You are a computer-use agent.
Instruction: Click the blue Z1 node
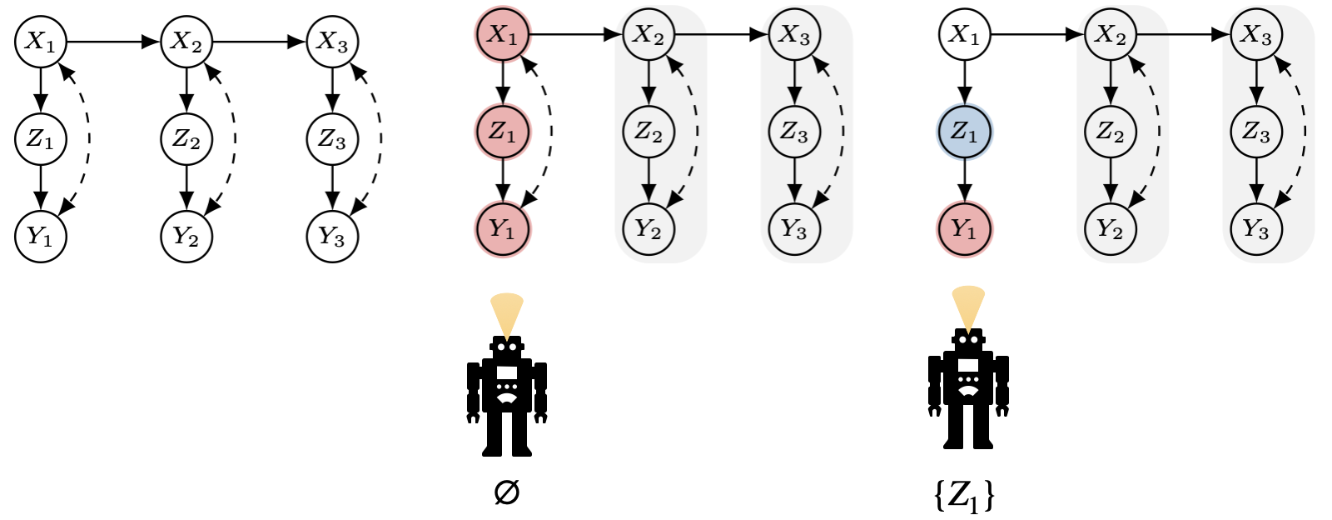pos(964,132)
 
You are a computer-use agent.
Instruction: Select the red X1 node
pos(503,35)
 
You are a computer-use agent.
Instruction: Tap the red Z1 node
pos(503,132)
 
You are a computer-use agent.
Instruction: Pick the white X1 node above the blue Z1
pos(964,35)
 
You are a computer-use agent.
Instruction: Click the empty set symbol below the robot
pos(506,493)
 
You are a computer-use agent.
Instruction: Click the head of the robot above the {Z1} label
pos(967,340)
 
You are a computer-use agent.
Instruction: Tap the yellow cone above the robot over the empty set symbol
pos(507,310)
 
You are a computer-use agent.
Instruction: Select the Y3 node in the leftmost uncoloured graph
pos(332,237)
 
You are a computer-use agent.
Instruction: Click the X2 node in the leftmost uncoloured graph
pos(186,42)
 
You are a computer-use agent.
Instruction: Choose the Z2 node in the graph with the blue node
pos(1110,132)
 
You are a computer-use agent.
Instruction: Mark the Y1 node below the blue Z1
pos(964,228)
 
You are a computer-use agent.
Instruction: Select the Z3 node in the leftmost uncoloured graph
pos(332,138)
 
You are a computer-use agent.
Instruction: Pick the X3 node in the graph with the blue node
pos(1255,35)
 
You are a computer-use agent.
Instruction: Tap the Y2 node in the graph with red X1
pos(649,228)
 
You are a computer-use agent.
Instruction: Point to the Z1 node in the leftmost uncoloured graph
pos(40,138)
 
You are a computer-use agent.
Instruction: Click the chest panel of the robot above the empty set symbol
pos(507,372)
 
